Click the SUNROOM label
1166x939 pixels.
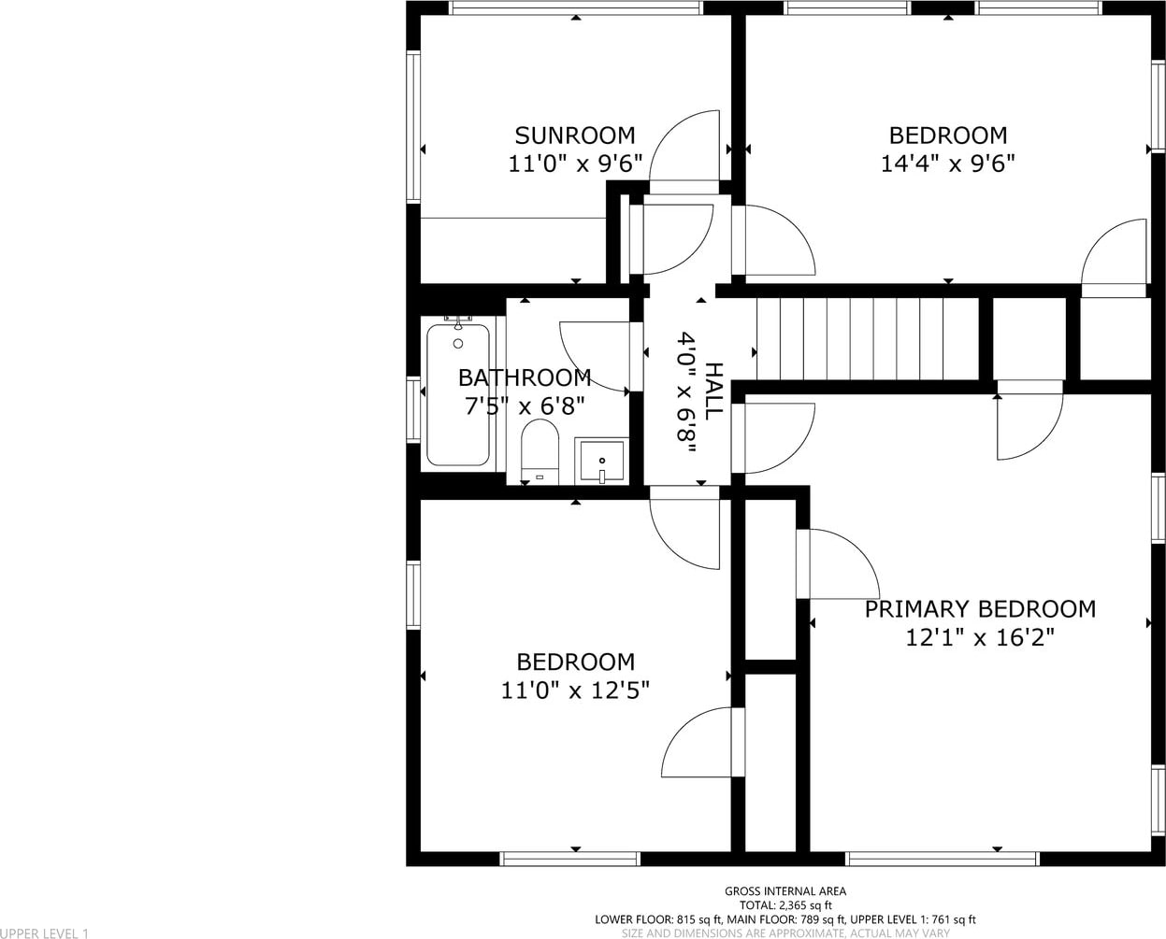click(x=575, y=135)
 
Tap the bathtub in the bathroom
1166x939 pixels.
click(x=458, y=394)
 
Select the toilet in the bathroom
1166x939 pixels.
click(x=540, y=451)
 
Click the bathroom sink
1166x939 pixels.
click(x=602, y=461)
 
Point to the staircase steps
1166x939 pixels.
click(x=868, y=339)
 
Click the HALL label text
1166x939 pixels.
click(x=713, y=391)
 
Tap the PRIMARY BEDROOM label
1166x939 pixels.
click(x=980, y=609)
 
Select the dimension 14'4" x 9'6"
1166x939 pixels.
click(x=947, y=163)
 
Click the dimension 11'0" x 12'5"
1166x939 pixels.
click(x=575, y=690)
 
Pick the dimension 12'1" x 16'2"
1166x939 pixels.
click(x=980, y=637)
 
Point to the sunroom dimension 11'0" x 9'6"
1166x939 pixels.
click(x=575, y=163)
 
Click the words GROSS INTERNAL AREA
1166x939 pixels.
click(x=785, y=890)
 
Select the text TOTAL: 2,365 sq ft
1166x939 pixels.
click(x=785, y=904)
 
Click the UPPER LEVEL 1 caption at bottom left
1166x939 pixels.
click(x=44, y=933)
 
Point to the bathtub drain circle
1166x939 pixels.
click(x=458, y=343)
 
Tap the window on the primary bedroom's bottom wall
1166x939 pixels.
click(x=943, y=859)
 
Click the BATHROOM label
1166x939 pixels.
click(x=525, y=378)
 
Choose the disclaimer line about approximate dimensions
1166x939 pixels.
click(x=785, y=933)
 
